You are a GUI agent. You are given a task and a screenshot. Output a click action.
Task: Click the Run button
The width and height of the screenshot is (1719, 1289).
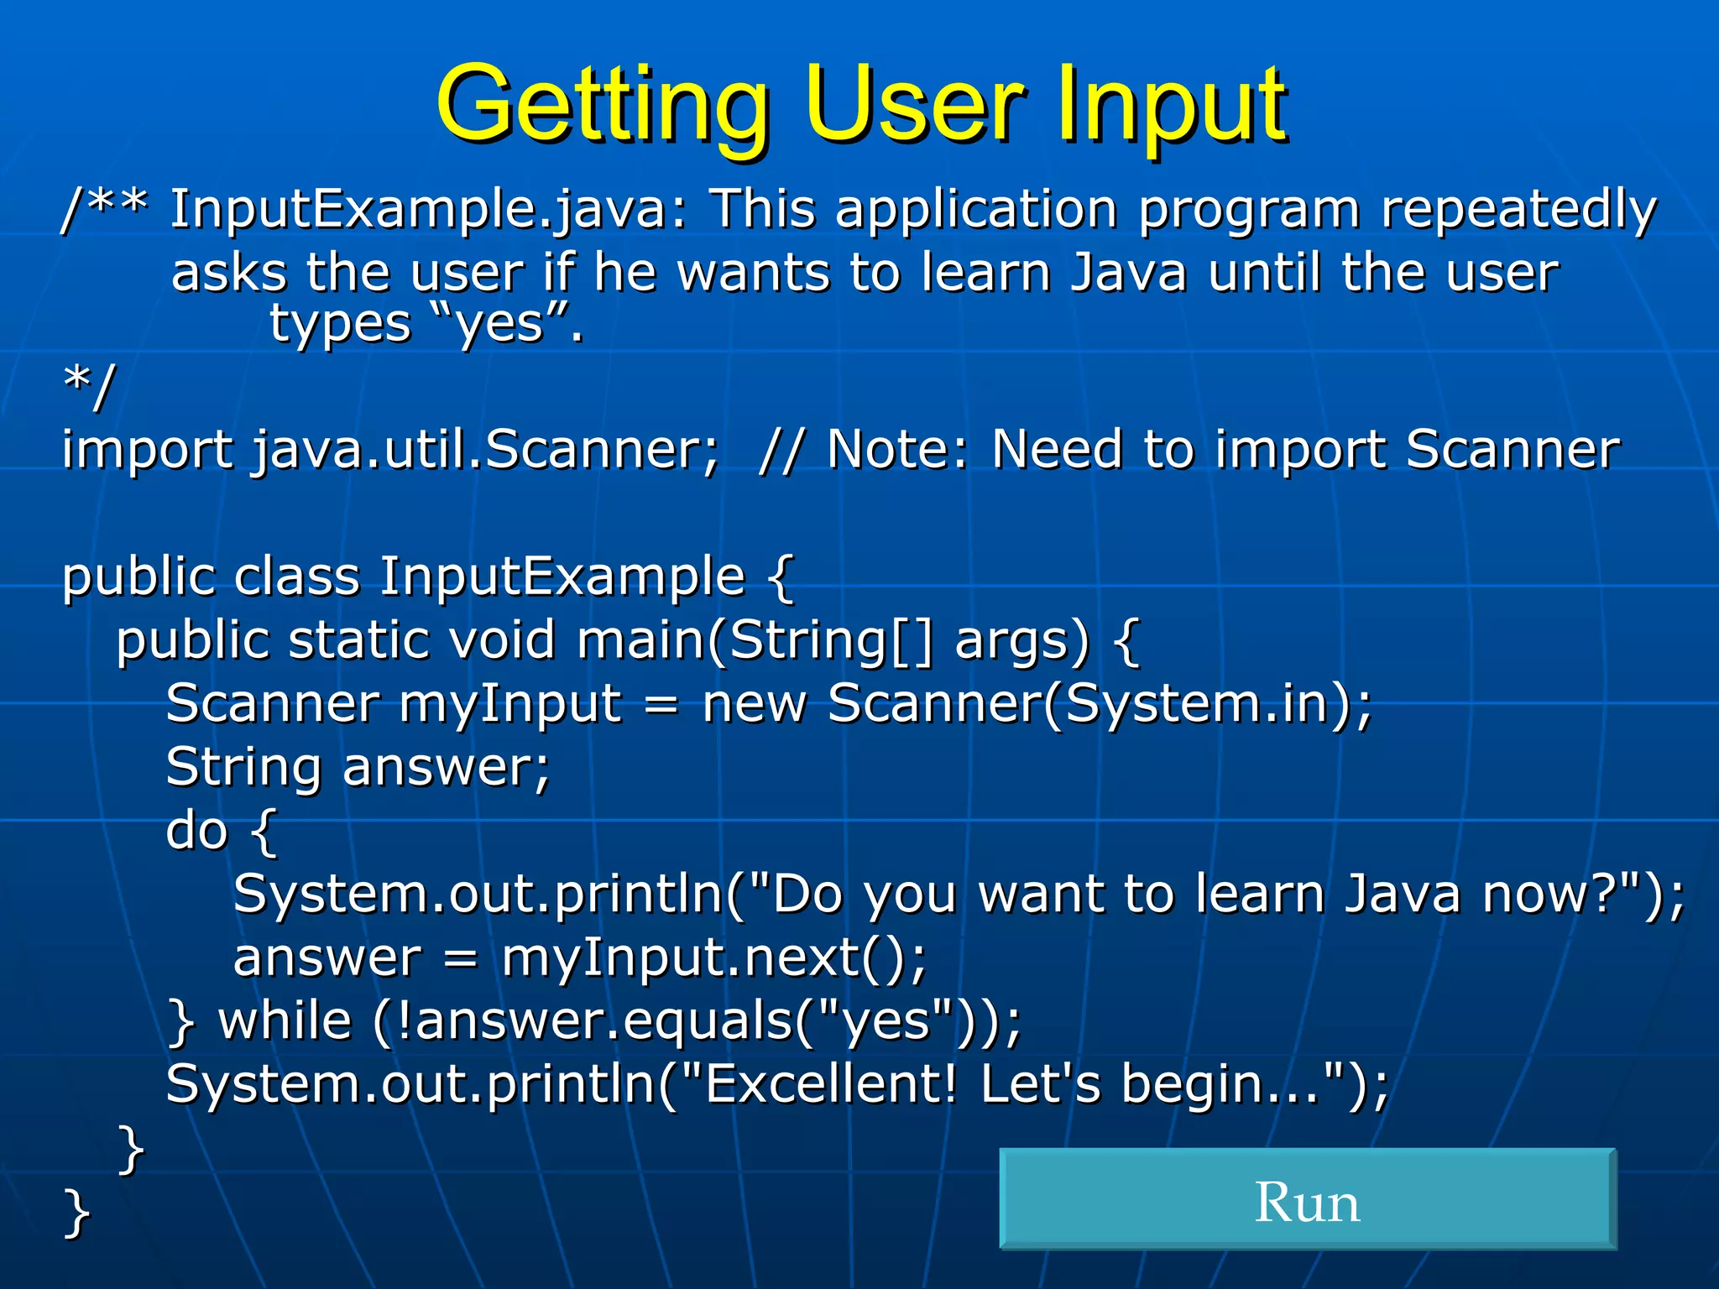click(1307, 1199)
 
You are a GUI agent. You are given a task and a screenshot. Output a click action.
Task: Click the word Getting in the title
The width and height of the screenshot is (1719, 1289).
click(603, 105)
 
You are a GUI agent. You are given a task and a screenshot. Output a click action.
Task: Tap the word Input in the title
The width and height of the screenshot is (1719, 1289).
click(1170, 105)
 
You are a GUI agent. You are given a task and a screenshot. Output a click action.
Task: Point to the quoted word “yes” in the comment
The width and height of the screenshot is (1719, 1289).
click(499, 324)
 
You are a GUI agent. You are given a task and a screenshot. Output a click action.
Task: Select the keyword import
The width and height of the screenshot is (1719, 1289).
click(147, 450)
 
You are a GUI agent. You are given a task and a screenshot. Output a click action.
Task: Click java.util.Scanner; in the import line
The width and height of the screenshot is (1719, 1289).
click(486, 450)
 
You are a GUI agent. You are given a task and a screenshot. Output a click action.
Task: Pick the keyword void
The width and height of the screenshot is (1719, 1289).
click(502, 641)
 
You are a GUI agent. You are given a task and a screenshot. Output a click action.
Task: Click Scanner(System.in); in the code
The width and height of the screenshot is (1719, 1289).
click(1100, 703)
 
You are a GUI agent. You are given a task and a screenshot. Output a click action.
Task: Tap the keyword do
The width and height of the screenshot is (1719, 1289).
click(197, 831)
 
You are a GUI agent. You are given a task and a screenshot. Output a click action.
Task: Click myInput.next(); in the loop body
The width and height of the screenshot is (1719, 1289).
click(714, 958)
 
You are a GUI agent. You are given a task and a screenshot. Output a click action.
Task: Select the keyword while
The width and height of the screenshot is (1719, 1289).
click(285, 1021)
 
